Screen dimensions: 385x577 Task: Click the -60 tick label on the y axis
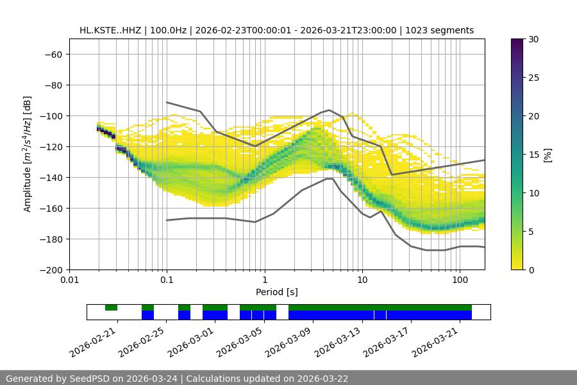click(52, 54)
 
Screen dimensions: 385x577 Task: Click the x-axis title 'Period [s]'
click(277, 293)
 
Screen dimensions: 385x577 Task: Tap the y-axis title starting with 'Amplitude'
click(28, 154)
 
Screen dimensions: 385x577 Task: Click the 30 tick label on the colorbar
click(533, 39)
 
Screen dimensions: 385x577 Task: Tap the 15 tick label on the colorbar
click(533, 155)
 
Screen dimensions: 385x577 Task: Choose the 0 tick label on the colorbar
click(530, 269)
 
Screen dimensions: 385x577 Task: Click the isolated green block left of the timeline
click(112, 307)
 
